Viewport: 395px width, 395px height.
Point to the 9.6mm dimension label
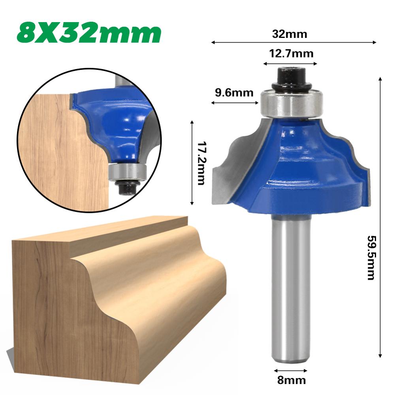pyautogui.click(x=234, y=93)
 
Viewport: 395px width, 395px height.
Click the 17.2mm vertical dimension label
pyautogui.click(x=201, y=163)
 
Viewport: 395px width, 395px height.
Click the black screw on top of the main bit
pyautogui.click(x=290, y=77)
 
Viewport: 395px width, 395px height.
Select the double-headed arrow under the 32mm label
pyautogui.click(x=294, y=42)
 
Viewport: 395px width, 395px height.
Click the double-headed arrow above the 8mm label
pyautogui.click(x=291, y=371)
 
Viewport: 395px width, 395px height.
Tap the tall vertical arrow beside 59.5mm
pyautogui.click(x=380, y=217)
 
